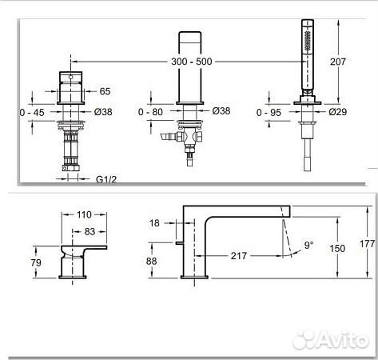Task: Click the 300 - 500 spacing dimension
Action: point(191,62)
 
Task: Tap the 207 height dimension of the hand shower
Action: point(338,62)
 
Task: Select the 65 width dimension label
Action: point(105,91)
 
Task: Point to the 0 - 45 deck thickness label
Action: point(32,113)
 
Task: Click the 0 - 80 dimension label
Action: point(150,112)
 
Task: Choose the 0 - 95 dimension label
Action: point(269,113)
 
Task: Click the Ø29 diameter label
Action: point(337,112)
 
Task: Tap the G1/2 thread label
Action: point(106,179)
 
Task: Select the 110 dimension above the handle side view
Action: point(84,214)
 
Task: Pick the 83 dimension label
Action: point(90,232)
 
